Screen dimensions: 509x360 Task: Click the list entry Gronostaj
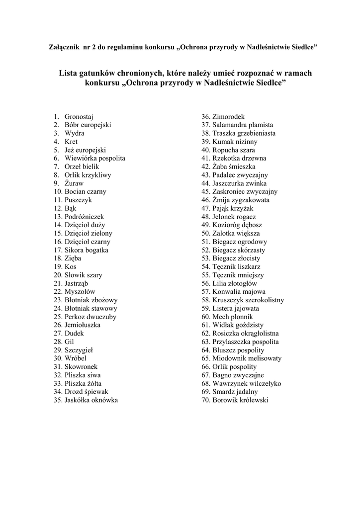[x=79, y=116]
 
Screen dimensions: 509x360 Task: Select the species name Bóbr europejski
[x=88, y=125]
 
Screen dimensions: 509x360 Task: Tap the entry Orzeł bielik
[x=82, y=167]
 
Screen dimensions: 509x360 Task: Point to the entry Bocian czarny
[x=85, y=191]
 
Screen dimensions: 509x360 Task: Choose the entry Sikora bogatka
[x=86, y=250]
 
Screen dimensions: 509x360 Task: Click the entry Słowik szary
[x=83, y=275]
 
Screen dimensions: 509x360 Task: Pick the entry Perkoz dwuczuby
[x=90, y=317]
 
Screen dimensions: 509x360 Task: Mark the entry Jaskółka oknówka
[x=91, y=400]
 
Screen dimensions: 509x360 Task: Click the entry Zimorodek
[x=228, y=116]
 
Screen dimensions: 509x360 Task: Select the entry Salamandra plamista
[x=243, y=125]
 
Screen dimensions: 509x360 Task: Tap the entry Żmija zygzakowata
[x=241, y=200]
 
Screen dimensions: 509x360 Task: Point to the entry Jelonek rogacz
[x=234, y=217]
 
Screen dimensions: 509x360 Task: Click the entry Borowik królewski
[x=240, y=400]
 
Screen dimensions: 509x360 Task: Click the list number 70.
[x=205, y=400]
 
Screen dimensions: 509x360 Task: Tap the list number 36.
[x=205, y=116]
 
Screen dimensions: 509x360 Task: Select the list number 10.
[x=58, y=191]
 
